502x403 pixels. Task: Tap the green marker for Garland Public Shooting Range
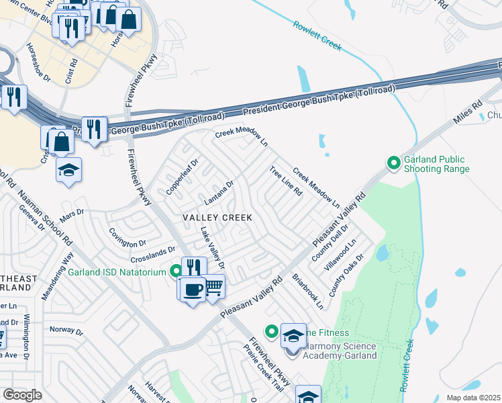(395, 163)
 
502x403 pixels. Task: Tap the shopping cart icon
(214, 287)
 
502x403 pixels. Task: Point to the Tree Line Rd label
(286, 181)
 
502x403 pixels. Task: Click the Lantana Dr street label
(219, 193)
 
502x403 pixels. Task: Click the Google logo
(22, 395)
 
